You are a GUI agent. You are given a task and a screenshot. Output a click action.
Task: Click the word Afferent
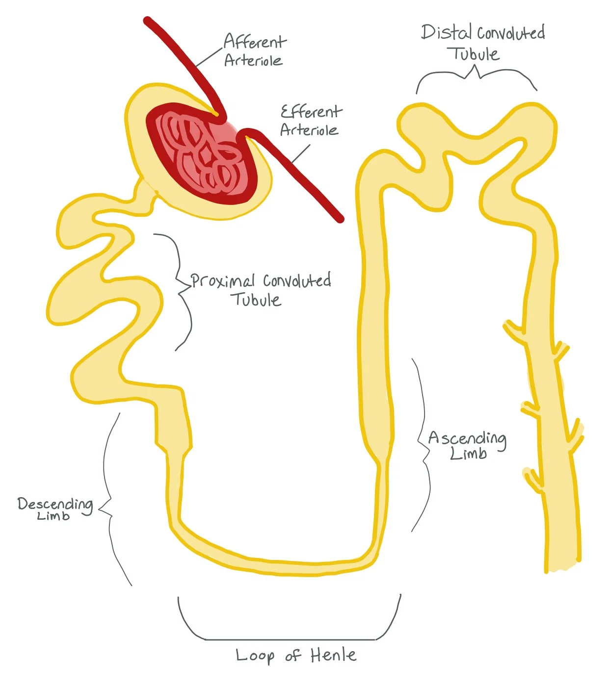coord(255,42)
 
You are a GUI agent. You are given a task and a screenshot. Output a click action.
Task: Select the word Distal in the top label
coord(447,32)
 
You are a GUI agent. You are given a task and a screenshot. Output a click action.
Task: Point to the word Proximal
coord(223,281)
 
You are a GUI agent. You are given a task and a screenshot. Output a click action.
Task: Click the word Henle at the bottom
coord(333,655)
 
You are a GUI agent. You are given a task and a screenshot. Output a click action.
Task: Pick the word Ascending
coord(467,438)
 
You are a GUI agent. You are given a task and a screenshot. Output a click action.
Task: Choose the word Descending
coord(55,504)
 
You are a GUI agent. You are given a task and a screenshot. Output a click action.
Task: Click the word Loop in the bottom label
coord(255,656)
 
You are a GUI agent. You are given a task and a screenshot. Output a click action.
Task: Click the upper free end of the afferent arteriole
coord(148,21)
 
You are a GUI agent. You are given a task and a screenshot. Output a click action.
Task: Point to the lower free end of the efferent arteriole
coord(339,218)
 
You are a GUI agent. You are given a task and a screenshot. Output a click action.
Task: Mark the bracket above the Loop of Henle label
coord(290,639)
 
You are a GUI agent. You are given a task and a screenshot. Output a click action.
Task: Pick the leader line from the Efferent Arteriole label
coord(301,153)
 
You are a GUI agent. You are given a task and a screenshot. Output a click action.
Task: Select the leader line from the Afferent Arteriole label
coord(210,56)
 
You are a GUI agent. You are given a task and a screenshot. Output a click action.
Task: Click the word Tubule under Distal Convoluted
coord(475,54)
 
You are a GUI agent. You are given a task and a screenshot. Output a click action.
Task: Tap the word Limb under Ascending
coord(469,454)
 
